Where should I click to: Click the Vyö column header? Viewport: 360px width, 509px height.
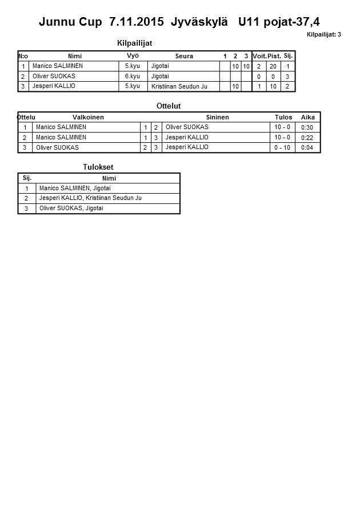click(x=133, y=56)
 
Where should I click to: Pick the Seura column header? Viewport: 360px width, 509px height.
click(x=184, y=56)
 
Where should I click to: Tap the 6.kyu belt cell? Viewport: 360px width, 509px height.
click(x=132, y=76)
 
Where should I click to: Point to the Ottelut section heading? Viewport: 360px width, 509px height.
click(x=169, y=106)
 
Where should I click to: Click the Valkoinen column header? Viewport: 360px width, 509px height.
click(x=89, y=117)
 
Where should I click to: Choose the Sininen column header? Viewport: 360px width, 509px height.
click(x=217, y=117)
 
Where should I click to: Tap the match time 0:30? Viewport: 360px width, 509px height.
click(x=307, y=127)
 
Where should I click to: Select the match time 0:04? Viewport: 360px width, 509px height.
click(x=307, y=147)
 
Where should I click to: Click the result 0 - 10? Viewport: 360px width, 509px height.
click(x=282, y=147)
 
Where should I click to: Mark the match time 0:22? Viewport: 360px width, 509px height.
click(x=307, y=138)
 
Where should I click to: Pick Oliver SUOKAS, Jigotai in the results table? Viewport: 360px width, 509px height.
click(x=71, y=208)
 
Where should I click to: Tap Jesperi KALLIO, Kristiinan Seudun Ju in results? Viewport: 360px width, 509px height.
click(x=90, y=198)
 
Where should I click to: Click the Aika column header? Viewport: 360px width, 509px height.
click(x=307, y=117)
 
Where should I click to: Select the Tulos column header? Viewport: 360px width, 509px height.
click(x=283, y=117)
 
